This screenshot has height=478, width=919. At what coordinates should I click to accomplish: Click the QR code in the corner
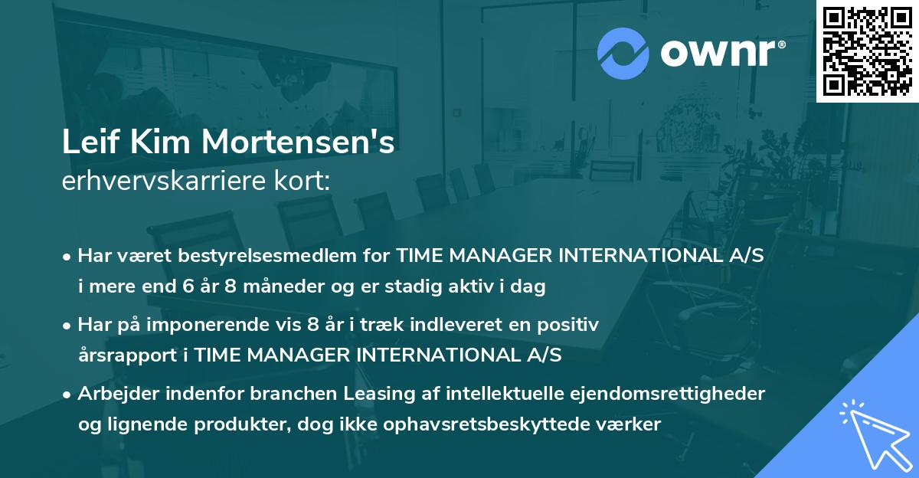point(867,51)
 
